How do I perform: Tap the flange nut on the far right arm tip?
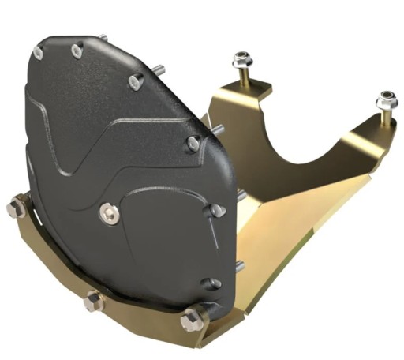pos(386,100)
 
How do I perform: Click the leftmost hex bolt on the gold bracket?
pos(16,208)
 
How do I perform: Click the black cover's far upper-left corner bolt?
pos(39,52)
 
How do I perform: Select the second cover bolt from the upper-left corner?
pos(77,51)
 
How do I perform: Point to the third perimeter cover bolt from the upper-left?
pos(136,81)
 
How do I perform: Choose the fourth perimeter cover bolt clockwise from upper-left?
pos(193,143)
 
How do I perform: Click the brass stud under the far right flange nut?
pos(387,117)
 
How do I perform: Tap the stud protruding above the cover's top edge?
pos(103,36)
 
